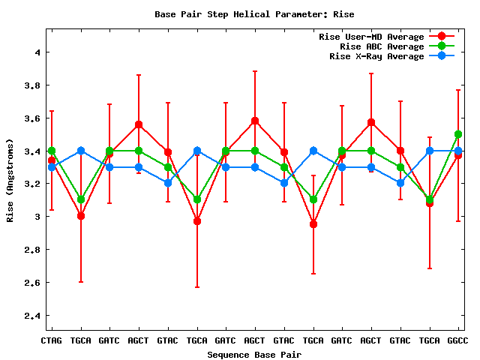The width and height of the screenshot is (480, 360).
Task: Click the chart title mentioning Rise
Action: point(254,14)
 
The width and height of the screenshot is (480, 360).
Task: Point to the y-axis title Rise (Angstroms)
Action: point(10,180)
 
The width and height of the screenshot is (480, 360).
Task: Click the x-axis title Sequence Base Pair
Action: point(254,354)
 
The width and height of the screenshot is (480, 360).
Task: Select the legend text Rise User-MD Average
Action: point(371,37)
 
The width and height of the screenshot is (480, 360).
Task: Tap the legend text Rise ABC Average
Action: point(382,46)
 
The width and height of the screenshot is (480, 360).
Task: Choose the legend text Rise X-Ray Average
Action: point(376,56)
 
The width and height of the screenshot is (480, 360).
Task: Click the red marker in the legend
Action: point(441,37)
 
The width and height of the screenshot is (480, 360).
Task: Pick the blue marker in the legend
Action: point(441,56)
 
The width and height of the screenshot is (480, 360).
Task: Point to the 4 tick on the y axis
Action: point(36,52)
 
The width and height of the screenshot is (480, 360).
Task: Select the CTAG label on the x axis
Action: point(51,340)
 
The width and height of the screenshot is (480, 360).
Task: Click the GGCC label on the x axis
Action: point(457,340)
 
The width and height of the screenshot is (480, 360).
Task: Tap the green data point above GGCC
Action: point(457,135)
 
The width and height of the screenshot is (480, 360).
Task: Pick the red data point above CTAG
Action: point(51,160)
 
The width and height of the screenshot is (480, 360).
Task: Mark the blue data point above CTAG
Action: point(51,167)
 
